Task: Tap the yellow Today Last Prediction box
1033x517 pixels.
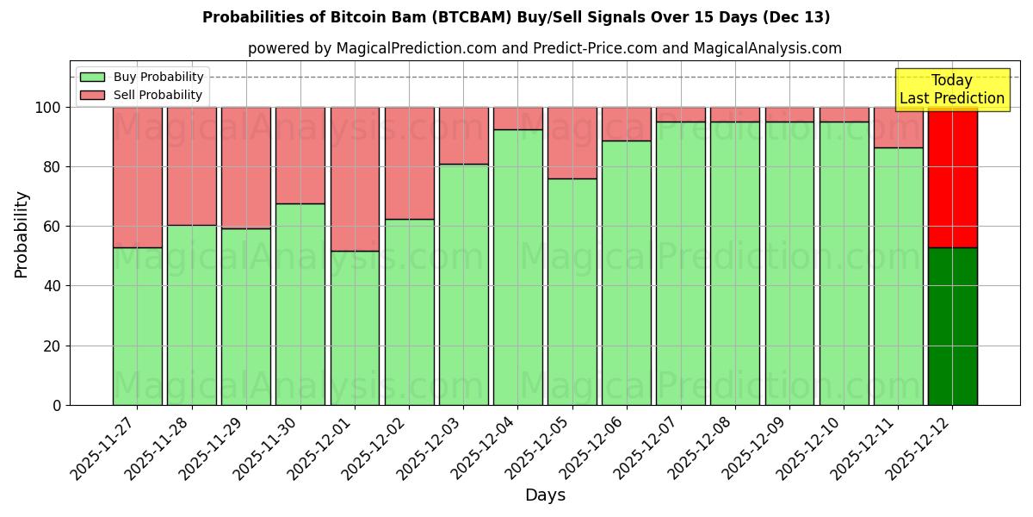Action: tap(952, 90)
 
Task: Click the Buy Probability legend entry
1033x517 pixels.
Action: tap(142, 77)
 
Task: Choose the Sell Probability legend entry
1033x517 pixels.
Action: tap(142, 95)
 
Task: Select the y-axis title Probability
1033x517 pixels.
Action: tap(22, 234)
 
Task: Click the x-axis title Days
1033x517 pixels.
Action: tap(545, 495)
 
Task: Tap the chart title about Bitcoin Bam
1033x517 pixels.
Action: tap(516, 17)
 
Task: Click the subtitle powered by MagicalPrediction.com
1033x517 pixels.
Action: tap(545, 48)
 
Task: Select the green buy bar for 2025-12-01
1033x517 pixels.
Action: tap(355, 327)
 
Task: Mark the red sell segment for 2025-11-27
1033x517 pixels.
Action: tap(137, 177)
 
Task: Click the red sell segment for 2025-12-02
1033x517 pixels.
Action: tap(409, 163)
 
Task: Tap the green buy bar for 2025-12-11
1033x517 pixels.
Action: tap(898, 276)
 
